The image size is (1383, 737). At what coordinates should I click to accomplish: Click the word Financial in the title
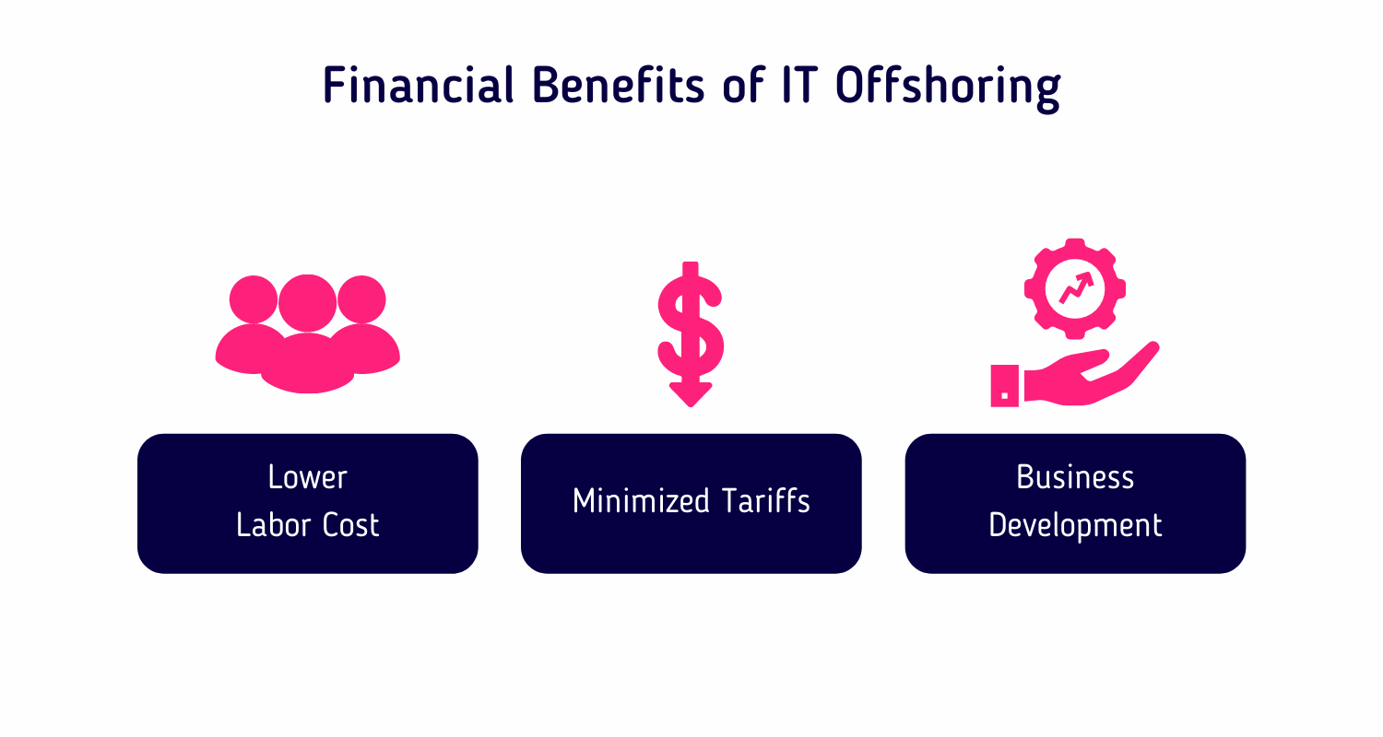pos(418,85)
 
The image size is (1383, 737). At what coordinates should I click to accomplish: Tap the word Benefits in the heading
pos(618,85)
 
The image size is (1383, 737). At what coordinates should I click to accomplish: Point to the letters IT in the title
pos(800,85)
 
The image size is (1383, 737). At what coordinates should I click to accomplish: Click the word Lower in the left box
pos(307,476)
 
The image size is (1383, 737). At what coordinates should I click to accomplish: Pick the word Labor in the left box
pos(273,525)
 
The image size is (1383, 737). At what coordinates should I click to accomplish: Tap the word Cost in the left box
pos(350,525)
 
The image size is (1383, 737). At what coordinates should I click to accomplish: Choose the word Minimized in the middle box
pos(641,500)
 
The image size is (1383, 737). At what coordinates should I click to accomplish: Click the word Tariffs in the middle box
pos(765,500)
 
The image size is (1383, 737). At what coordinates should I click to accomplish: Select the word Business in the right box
pos(1075,476)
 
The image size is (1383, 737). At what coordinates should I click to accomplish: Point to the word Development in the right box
pos(1075,526)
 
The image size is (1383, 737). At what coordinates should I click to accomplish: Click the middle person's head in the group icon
pos(307,303)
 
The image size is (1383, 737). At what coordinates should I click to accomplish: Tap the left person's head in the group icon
pos(254,299)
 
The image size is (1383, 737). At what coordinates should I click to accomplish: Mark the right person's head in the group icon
pos(361,299)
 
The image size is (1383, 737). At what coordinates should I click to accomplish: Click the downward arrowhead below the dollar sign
pos(691,394)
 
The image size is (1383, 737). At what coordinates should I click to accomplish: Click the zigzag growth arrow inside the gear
pos(1076,288)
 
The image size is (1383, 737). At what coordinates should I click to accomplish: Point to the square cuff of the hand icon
pos(1005,385)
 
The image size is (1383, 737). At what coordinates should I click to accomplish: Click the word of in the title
pos(743,85)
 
